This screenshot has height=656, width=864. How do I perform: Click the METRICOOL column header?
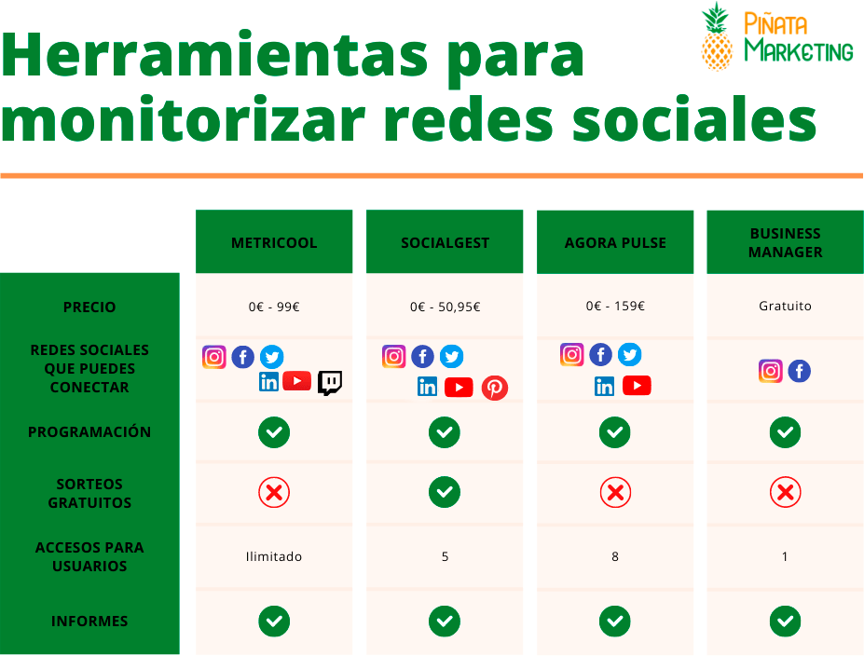[x=274, y=243]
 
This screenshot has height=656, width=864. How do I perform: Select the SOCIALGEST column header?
[x=445, y=243]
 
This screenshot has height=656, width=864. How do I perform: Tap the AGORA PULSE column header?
[x=615, y=243]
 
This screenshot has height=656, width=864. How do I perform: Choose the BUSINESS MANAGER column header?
[x=785, y=243]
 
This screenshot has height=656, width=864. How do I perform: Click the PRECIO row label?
[x=89, y=307]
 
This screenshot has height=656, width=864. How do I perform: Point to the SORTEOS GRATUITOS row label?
[x=89, y=493]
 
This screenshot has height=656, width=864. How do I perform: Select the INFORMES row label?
[x=89, y=622]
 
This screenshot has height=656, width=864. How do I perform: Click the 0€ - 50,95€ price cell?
[x=445, y=307]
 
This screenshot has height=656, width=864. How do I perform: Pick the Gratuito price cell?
[x=785, y=306]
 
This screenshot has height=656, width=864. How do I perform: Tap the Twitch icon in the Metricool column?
[x=330, y=382]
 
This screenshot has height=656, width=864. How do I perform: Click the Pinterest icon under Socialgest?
[x=495, y=388]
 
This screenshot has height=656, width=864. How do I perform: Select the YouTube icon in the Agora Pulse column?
[x=637, y=386]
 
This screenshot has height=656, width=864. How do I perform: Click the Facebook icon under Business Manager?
[x=799, y=372]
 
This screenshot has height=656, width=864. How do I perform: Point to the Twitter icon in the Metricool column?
[x=271, y=357]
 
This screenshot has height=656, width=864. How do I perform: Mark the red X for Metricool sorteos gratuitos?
[x=274, y=492]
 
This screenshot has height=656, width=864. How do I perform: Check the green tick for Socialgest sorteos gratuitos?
[x=445, y=492]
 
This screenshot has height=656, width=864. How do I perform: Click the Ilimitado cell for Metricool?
[x=274, y=556]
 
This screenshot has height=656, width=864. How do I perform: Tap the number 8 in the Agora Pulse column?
[x=615, y=556]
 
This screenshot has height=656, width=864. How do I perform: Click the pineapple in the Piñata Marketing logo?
[x=717, y=39]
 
